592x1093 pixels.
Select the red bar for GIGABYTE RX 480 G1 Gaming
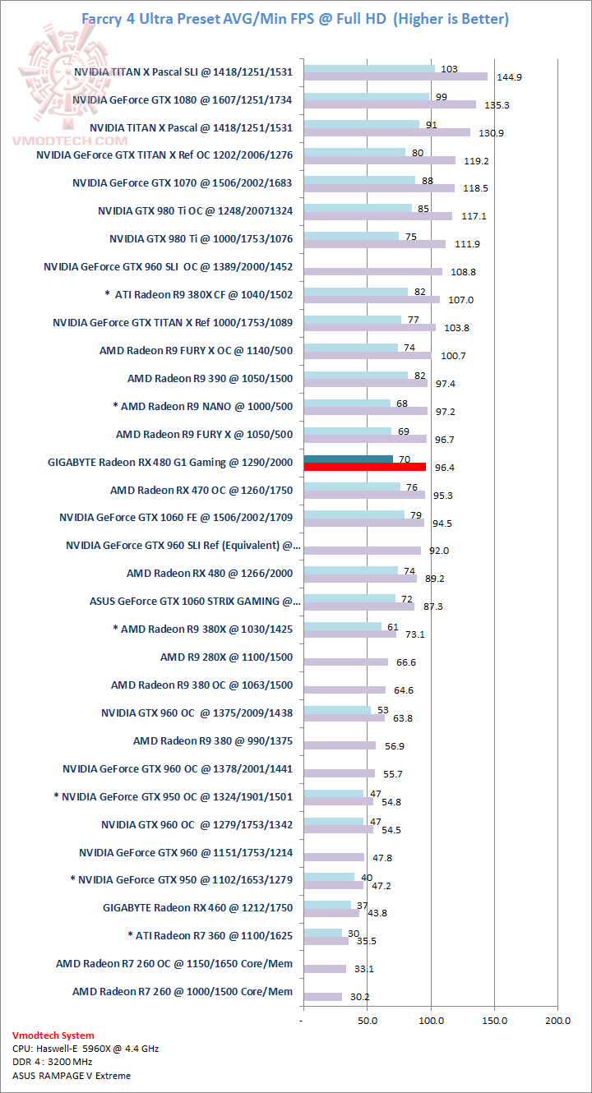(x=364, y=467)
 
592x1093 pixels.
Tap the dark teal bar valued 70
(x=348, y=459)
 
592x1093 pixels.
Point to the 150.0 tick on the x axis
(x=494, y=1020)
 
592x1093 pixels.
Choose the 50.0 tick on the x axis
(x=368, y=1020)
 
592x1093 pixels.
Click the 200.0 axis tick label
(x=557, y=1020)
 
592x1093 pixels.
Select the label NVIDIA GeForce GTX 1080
(x=183, y=99)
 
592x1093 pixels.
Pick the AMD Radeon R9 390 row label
(x=210, y=378)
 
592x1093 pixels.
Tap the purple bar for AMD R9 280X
(x=345, y=662)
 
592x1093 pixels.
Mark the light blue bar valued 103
(x=368, y=68)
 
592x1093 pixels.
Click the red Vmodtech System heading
(x=53, y=1035)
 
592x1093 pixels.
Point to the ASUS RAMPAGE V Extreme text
(x=72, y=1075)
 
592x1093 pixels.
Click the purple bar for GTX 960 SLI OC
(x=372, y=271)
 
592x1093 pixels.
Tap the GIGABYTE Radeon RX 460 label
(x=197, y=907)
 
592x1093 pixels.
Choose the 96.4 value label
(x=444, y=468)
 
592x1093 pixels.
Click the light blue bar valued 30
(x=322, y=932)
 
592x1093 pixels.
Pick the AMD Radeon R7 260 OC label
(x=174, y=963)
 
